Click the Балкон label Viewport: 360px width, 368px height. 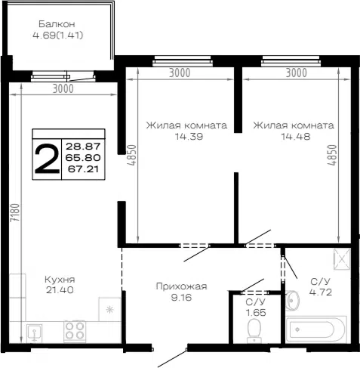tap(57, 24)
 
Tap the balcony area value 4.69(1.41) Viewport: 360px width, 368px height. tap(58, 36)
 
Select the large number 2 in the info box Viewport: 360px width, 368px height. tap(47, 159)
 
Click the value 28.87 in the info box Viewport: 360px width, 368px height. tap(83, 146)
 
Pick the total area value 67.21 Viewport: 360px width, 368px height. tap(83, 169)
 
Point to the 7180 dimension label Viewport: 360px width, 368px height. tap(15, 212)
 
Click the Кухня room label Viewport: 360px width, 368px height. tap(60, 280)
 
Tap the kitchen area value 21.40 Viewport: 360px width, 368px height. tap(60, 290)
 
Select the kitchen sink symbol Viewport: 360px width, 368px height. tap(35, 332)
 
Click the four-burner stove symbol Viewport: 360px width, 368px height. tap(75, 331)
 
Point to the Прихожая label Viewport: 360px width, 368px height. tap(181, 286)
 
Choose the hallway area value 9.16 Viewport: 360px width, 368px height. tap(181, 298)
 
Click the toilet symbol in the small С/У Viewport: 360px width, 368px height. tap(254, 331)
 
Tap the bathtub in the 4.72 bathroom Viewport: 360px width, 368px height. tap(316, 329)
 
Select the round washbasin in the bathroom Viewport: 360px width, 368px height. tap(292, 300)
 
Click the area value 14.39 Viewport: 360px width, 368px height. tap(189, 137)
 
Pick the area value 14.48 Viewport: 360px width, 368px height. tap(296, 137)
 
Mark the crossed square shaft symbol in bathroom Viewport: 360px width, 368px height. tap(342, 259)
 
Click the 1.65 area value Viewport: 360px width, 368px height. tap(256, 313)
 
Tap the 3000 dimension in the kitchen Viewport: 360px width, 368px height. tap(63, 88)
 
